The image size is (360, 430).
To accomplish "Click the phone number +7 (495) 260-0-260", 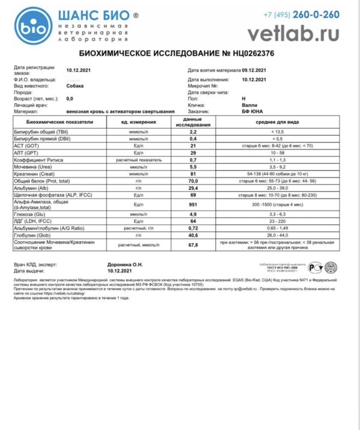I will (x=301, y=15).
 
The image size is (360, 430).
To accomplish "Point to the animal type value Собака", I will (x=75, y=86).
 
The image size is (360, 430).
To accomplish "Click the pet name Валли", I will (x=248, y=105).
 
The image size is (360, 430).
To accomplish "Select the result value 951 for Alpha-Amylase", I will (x=192, y=205).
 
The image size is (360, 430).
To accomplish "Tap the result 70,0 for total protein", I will (x=192, y=181).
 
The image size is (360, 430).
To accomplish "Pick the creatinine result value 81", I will (x=192, y=175).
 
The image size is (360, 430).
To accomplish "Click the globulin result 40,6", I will (x=192, y=235).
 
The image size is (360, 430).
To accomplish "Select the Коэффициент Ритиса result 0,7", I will (x=192, y=160).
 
